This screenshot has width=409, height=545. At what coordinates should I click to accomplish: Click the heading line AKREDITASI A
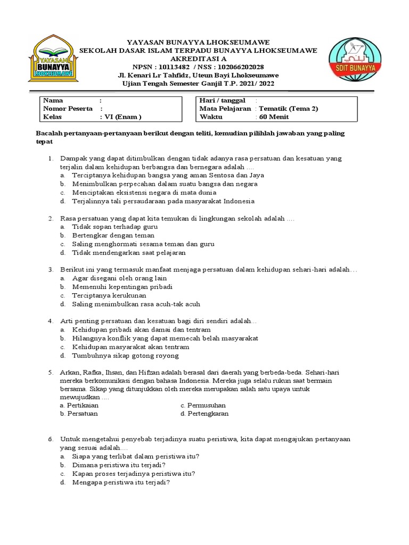(x=198, y=59)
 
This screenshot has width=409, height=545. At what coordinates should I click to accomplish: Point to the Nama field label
(x=53, y=100)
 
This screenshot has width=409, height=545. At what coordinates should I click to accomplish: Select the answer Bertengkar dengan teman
(x=113, y=235)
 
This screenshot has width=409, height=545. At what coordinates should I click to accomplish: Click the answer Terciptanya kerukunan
(x=109, y=295)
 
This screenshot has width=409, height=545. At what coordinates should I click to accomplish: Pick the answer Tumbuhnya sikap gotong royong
(x=126, y=356)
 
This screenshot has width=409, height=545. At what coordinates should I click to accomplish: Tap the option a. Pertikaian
(x=79, y=405)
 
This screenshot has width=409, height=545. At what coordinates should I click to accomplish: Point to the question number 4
(x=50, y=321)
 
